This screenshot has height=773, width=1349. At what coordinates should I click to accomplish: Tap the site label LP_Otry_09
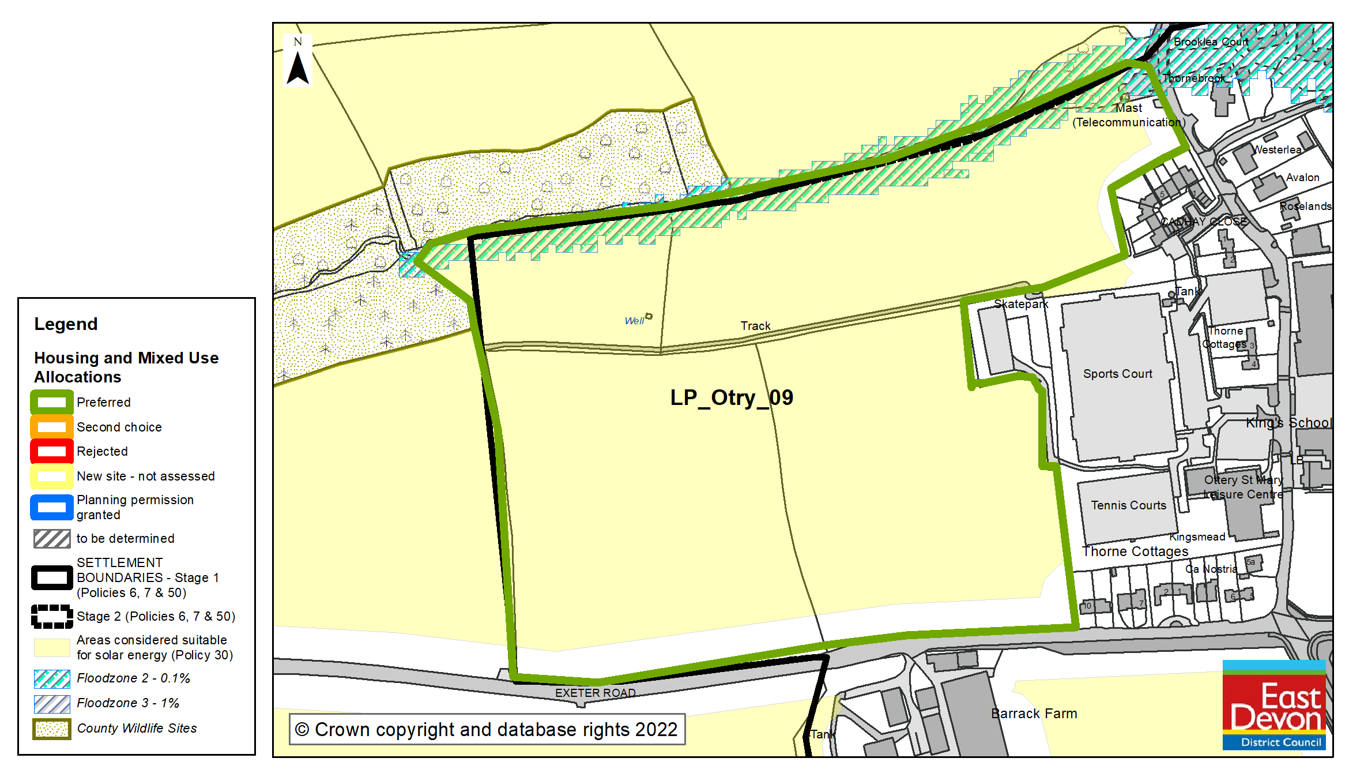point(732,397)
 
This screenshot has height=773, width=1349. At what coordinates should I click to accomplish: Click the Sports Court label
point(1117,374)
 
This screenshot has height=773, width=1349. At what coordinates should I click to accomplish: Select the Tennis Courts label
point(1128,505)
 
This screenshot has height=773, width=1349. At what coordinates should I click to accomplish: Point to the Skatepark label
point(1021,304)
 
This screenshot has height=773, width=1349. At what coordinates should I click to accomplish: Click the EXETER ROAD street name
point(595,693)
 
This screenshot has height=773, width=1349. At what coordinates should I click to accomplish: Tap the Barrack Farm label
point(1034,714)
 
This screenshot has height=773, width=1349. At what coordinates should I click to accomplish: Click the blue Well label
point(634,321)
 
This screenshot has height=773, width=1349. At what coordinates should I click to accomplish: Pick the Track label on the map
point(755,326)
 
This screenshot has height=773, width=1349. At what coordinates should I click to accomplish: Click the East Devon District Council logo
point(1274,706)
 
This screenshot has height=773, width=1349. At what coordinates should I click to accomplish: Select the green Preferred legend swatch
point(52,402)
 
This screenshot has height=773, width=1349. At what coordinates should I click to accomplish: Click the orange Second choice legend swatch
point(52,427)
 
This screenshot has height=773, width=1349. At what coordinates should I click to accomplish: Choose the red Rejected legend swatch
point(52,451)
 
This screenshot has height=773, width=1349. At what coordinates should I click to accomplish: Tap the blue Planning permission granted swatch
point(52,507)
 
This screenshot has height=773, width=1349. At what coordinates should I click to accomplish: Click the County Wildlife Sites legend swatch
point(52,729)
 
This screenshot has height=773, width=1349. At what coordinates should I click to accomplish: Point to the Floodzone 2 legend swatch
point(52,679)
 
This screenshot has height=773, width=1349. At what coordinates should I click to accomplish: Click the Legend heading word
point(66,324)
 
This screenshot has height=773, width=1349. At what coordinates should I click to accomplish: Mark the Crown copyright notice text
point(487,730)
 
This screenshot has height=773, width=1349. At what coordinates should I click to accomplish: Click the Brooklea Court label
point(1211,42)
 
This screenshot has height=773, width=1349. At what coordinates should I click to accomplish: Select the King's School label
point(1288,423)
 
